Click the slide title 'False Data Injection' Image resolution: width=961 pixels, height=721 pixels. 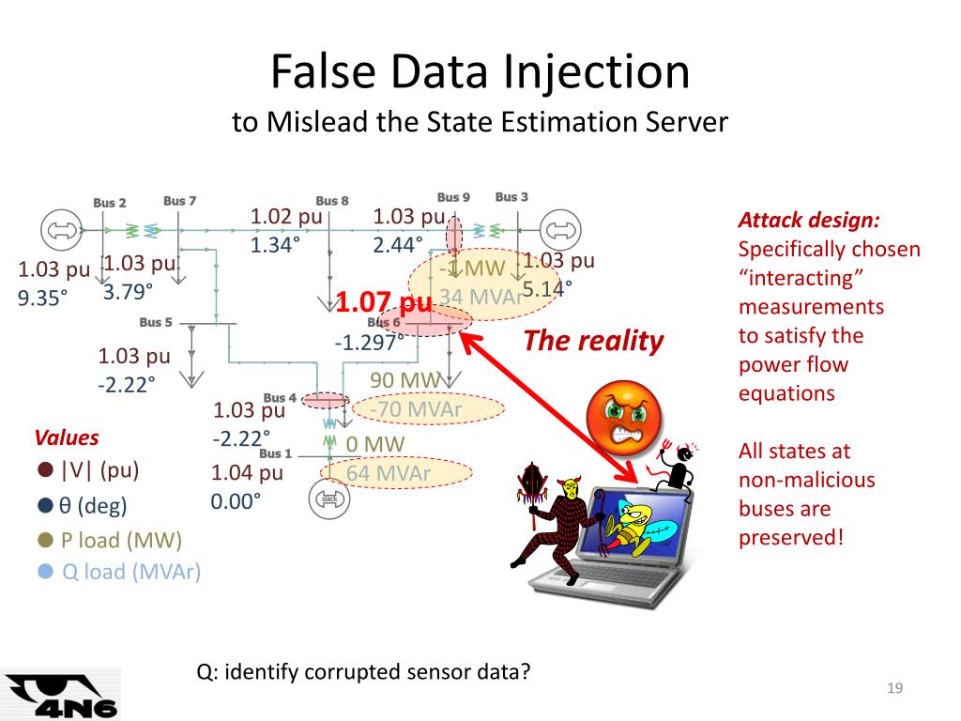point(480,73)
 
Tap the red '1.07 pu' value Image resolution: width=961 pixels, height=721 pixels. point(384,303)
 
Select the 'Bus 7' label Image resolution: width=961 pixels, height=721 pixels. point(180,201)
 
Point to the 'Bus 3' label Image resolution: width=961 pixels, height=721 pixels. point(511,197)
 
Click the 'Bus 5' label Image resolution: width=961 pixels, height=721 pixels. point(156,323)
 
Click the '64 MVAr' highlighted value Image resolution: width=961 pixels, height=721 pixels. point(389,473)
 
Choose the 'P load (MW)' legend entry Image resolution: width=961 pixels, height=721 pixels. point(121,540)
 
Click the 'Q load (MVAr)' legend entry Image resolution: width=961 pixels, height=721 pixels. point(130,571)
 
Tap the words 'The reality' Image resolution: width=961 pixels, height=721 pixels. point(593,341)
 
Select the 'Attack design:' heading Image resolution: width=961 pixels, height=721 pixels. point(809,221)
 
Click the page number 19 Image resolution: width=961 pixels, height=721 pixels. point(894,690)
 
